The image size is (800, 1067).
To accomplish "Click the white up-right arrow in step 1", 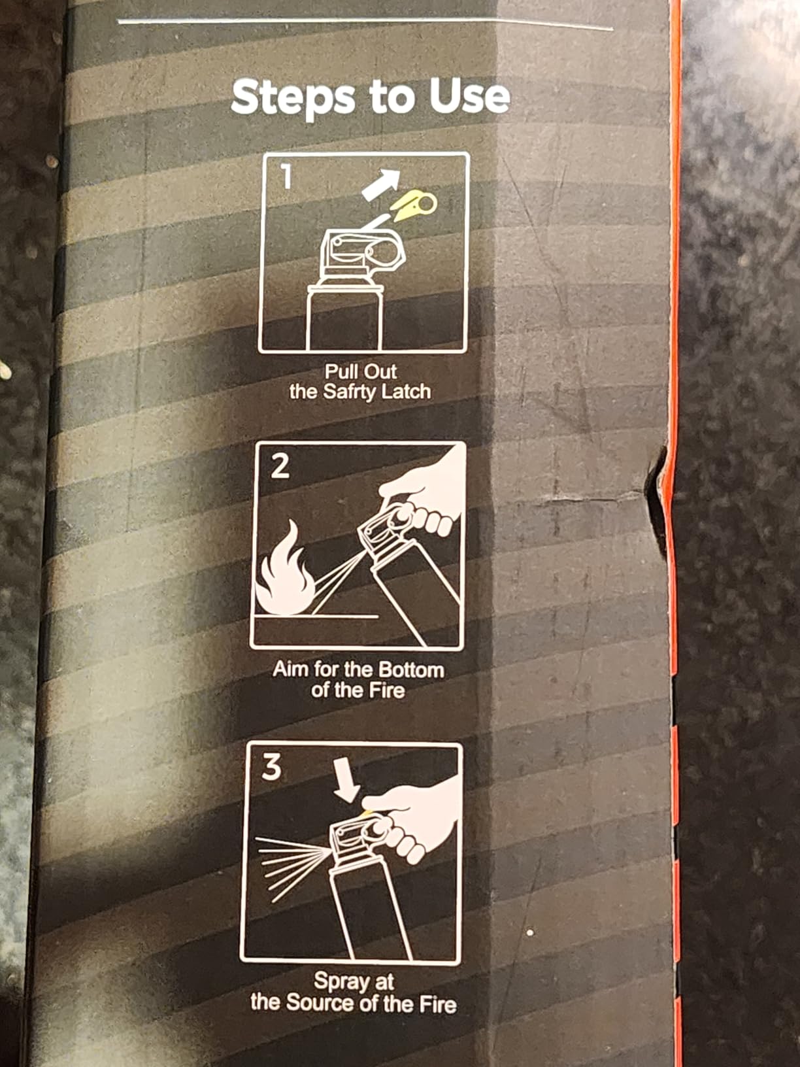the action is (382, 184).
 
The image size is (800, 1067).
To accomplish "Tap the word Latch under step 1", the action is (406, 392).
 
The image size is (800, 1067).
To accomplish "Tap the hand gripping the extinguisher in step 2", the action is (425, 491).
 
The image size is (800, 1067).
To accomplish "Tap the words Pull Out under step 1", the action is (361, 372).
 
